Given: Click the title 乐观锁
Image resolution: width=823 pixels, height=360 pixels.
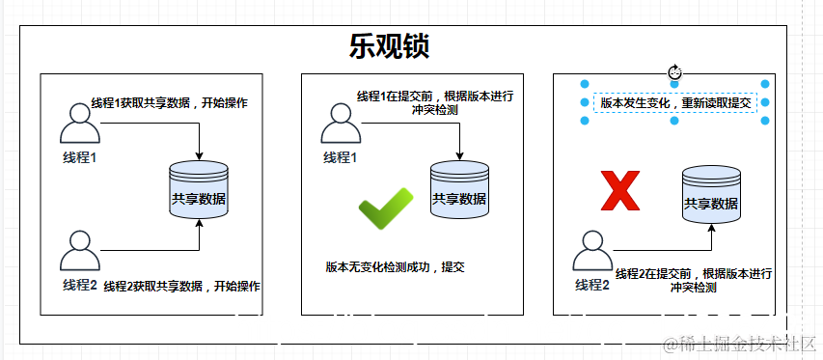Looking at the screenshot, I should point(389,46).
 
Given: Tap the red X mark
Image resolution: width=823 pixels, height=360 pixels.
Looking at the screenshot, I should point(620,190).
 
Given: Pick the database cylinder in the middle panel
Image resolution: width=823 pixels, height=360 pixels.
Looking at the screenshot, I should point(459,187).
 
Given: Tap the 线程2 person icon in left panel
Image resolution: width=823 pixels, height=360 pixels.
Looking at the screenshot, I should point(80,251).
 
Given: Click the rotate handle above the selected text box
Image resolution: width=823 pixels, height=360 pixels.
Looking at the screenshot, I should point(675,71).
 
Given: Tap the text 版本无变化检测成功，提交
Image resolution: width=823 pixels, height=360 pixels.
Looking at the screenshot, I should point(395,266).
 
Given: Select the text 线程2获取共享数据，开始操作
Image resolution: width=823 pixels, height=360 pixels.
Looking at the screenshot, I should point(181,287).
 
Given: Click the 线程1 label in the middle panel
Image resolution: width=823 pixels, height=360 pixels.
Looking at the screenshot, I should point(340,157).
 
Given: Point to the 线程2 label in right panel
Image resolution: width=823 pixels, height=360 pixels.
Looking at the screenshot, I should point(592,285).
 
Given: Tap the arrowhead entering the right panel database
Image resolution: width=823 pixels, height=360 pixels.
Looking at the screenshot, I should point(712,229).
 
